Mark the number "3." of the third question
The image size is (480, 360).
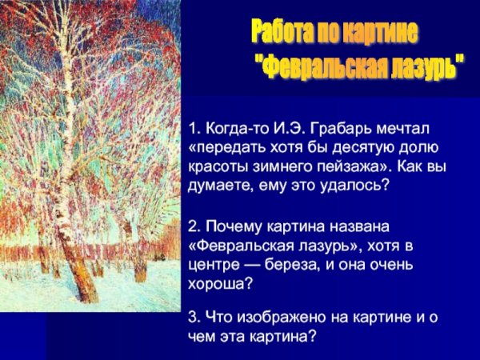(x=195, y=318)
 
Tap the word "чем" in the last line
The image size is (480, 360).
(x=202, y=337)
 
